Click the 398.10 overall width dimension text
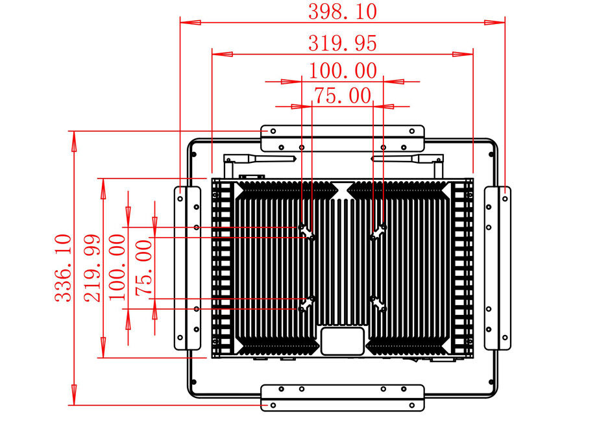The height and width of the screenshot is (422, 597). click(342, 12)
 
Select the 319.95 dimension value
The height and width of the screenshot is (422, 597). click(342, 43)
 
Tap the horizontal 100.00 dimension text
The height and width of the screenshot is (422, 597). click(342, 70)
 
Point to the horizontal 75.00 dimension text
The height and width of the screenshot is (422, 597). click(342, 96)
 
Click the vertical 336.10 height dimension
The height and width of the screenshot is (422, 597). click(64, 267)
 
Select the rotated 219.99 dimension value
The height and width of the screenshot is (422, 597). click(93, 267)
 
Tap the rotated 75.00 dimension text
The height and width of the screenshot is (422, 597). click(144, 267)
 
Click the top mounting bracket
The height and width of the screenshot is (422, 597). click(342, 137)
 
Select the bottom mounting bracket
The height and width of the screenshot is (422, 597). click(342, 397)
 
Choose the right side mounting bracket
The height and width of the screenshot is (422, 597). click(498, 267)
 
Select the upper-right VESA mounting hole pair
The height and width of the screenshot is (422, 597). click(378, 231)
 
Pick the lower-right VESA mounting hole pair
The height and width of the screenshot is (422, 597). click(378, 303)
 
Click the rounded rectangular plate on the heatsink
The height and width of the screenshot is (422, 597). click(342, 341)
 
